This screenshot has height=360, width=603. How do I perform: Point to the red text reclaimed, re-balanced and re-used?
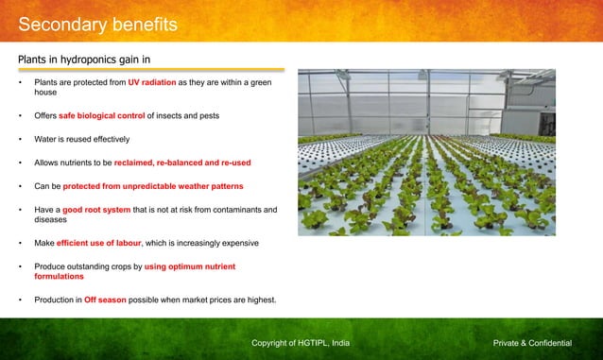pyautogui.click(x=182, y=163)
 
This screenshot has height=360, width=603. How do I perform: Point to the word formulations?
pyautogui.click(x=59, y=277)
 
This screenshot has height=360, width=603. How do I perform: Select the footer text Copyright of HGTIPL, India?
pyautogui.click(x=301, y=342)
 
